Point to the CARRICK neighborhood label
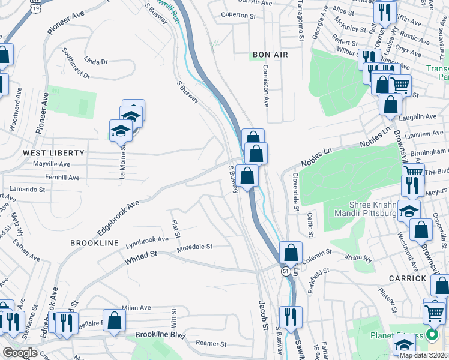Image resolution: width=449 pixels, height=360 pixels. click(407, 278)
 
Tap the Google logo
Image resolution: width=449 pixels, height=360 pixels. click(20, 353)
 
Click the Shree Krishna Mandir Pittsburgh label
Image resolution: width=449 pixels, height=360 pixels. click(361, 209)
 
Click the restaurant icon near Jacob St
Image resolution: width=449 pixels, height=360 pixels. click(291, 317)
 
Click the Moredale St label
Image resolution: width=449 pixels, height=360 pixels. click(194, 247)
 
